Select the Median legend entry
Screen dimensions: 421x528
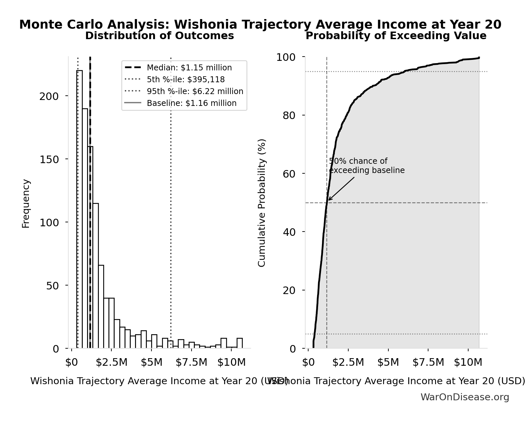pos(189,68)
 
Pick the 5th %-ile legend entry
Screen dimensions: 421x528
pos(186,80)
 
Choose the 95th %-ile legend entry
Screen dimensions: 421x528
pos(195,91)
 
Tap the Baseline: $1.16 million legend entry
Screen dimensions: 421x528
pos(191,103)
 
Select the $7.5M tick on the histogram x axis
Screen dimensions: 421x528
pos(191,362)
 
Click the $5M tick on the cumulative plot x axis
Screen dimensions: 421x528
pos(388,362)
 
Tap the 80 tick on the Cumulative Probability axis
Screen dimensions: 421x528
pos(289,115)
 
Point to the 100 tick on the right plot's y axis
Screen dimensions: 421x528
pos(286,57)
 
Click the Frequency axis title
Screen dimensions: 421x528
pos(26,203)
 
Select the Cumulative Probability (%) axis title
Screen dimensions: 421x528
pos(262,203)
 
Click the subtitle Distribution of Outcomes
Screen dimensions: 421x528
pos(159,36)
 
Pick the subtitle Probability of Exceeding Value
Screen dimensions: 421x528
pos(396,36)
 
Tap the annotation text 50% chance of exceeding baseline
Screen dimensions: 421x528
pos(366,166)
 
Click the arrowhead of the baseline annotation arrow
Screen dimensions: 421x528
pos(329,200)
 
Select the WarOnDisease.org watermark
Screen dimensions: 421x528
pos(465,397)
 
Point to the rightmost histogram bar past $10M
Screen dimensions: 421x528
pos(240,343)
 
